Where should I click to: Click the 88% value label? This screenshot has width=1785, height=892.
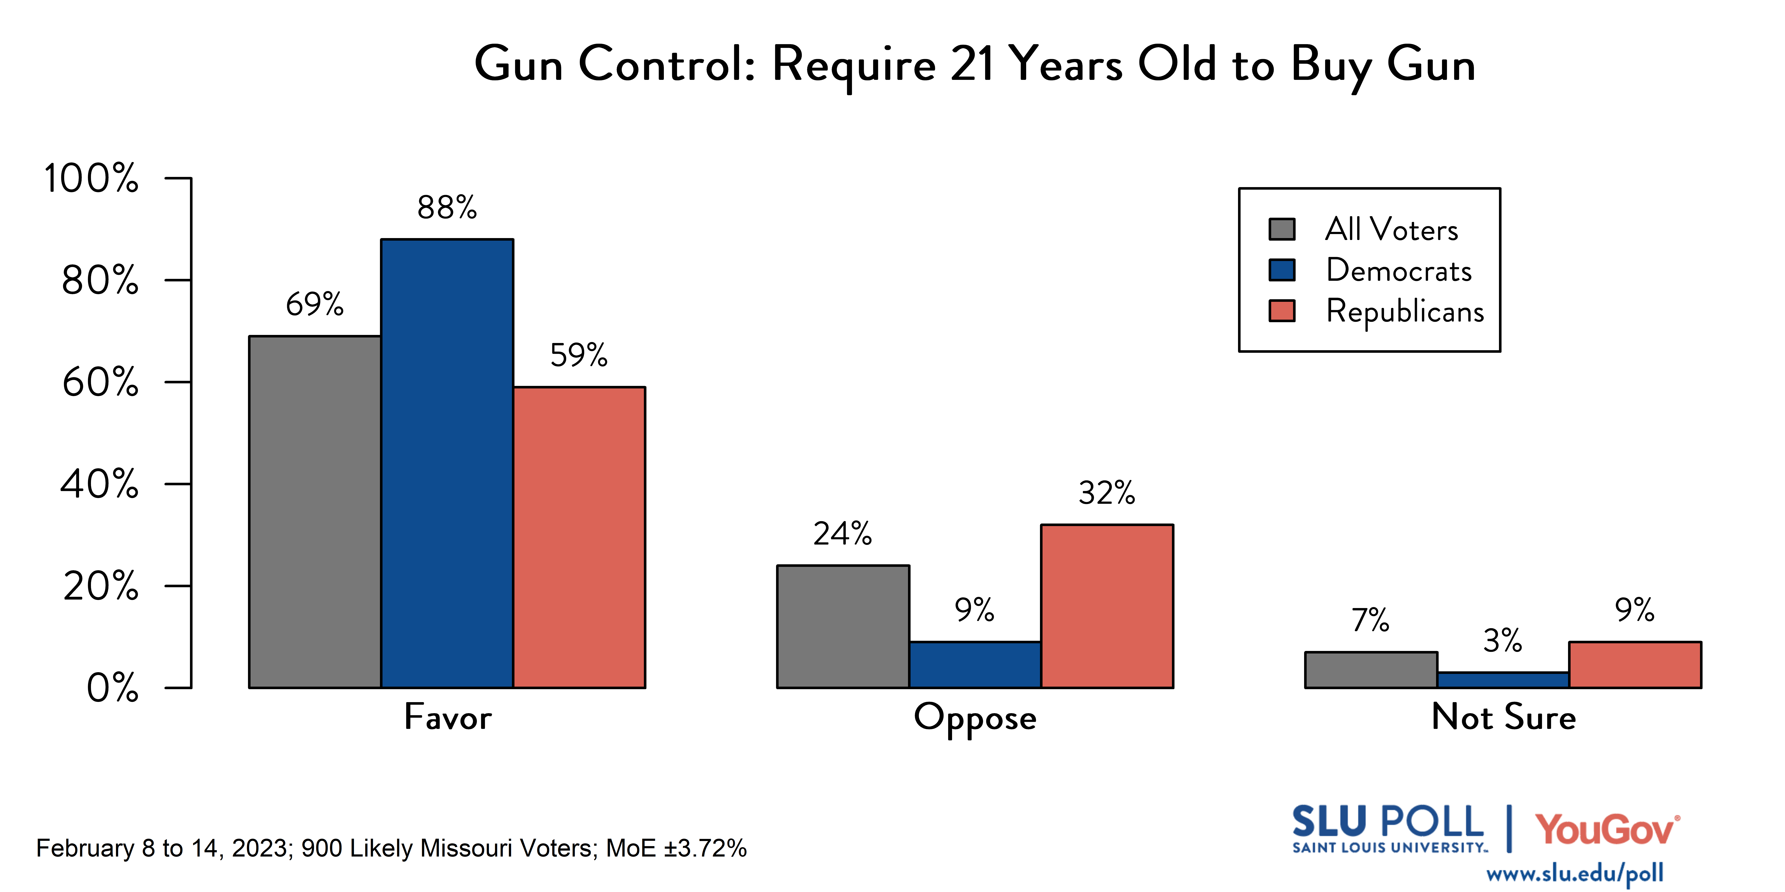tap(447, 207)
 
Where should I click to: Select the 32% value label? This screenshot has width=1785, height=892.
tap(1107, 493)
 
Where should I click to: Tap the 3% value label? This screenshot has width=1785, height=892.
tap(1502, 641)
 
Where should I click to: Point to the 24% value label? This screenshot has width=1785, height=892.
tap(843, 534)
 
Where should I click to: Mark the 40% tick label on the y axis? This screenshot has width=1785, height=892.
tap(99, 484)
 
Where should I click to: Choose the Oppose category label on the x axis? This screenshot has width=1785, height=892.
tap(975, 717)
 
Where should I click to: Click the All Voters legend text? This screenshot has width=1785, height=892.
tap(1391, 229)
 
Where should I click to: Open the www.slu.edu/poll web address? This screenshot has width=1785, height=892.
tap(1574, 873)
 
